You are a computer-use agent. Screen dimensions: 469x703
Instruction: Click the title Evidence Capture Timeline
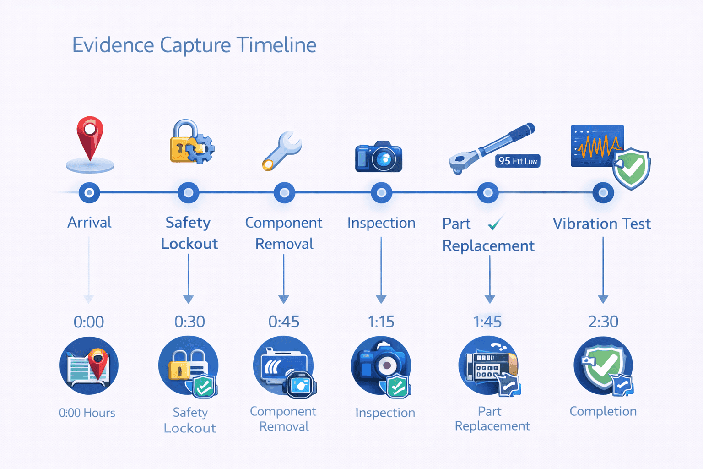194,45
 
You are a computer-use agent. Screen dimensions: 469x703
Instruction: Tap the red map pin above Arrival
90,137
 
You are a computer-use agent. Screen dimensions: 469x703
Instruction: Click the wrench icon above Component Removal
282,150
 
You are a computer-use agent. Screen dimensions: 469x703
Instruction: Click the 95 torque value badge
518,161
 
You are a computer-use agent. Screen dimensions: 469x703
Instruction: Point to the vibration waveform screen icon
597,146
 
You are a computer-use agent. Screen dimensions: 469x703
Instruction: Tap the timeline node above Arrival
89,193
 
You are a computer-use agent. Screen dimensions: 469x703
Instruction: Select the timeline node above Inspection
381,193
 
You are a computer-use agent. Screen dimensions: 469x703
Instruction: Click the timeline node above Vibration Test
603,193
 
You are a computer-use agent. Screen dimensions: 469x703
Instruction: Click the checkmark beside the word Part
495,223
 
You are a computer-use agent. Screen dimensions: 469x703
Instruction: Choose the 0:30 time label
189,322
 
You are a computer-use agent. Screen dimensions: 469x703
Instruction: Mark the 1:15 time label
381,322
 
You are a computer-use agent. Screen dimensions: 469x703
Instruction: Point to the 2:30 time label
603,322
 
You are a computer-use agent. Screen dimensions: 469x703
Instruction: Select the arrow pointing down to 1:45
490,279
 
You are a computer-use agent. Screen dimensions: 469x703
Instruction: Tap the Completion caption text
603,411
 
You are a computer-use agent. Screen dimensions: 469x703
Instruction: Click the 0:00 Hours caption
87,413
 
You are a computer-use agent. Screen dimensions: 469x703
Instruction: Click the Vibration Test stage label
601,224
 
